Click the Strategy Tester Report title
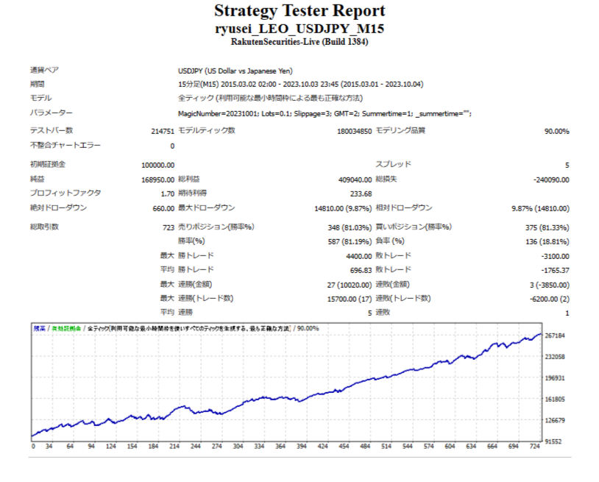[x=299, y=11]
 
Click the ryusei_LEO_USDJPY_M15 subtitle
[x=299, y=29]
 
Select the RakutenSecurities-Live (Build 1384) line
[x=299, y=43]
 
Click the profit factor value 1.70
[x=167, y=194]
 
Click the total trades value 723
[x=169, y=227]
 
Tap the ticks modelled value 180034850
[x=353, y=131]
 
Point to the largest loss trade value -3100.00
[x=554, y=256]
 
